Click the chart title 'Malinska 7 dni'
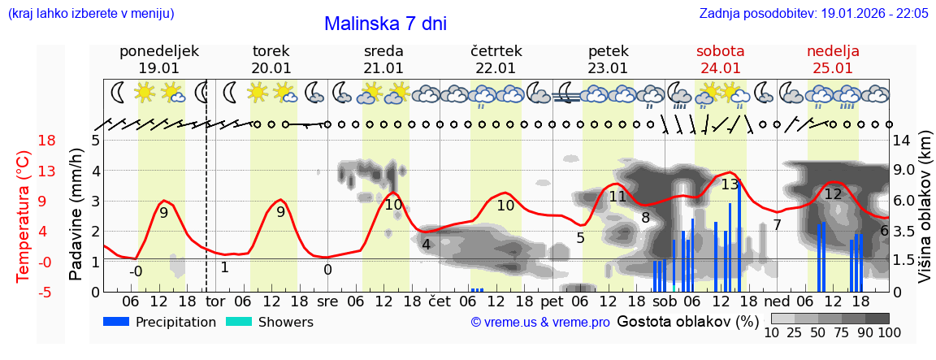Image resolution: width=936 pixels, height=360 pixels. click(385, 24)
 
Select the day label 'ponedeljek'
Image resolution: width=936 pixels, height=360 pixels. click(158, 51)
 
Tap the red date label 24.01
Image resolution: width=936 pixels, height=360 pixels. click(720, 68)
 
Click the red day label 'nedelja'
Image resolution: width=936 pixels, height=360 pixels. click(833, 51)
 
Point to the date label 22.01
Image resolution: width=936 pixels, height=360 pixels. click(496, 68)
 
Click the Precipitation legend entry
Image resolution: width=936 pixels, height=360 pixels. click(160, 322)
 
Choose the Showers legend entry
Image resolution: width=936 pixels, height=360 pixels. click(269, 322)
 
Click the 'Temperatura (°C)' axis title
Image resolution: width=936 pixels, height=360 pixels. click(24, 216)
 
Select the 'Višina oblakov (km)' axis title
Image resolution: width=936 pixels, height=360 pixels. click(925, 216)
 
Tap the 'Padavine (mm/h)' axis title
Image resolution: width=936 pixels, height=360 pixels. click(76, 216)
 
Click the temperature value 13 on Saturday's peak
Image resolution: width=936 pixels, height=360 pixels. click(730, 184)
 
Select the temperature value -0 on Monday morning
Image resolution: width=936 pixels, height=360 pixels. click(136, 271)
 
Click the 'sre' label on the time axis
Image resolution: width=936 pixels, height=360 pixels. click(327, 301)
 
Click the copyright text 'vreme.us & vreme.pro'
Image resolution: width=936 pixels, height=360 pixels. click(540, 322)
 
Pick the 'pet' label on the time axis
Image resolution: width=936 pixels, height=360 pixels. click(552, 301)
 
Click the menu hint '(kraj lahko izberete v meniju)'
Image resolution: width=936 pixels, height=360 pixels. click(90, 14)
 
